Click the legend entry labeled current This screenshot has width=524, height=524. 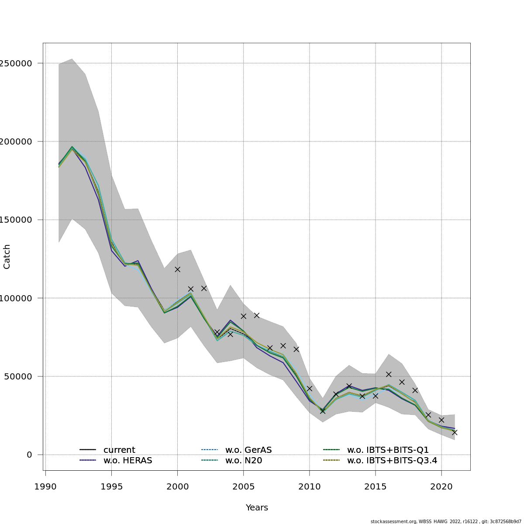(119, 450)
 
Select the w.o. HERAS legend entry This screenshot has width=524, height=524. (128, 460)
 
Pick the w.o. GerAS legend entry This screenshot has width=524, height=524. (248, 450)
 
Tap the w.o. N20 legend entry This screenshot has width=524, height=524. (244, 460)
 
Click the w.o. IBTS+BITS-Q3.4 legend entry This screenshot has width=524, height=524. (392, 460)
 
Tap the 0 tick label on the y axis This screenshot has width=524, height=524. (29, 455)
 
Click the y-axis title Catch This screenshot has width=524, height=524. (7, 257)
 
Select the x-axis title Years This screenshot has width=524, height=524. (257, 507)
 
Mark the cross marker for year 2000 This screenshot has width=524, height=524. (177, 269)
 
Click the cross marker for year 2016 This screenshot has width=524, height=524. (389, 374)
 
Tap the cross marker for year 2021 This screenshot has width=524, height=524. (455, 432)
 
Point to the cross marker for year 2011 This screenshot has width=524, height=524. (323, 411)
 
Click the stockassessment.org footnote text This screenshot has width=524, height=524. (446, 521)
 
